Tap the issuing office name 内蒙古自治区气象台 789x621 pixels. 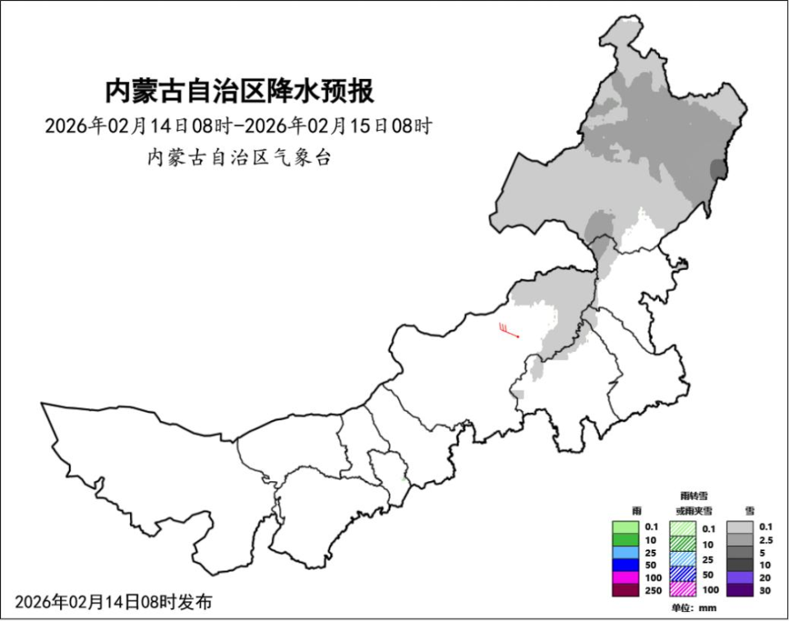238,158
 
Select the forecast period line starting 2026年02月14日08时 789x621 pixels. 238,127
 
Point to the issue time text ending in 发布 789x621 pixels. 113,602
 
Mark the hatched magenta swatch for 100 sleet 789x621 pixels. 684,590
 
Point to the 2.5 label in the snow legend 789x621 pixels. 766,540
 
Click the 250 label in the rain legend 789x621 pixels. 652,591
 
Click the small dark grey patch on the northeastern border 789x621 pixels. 718,171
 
